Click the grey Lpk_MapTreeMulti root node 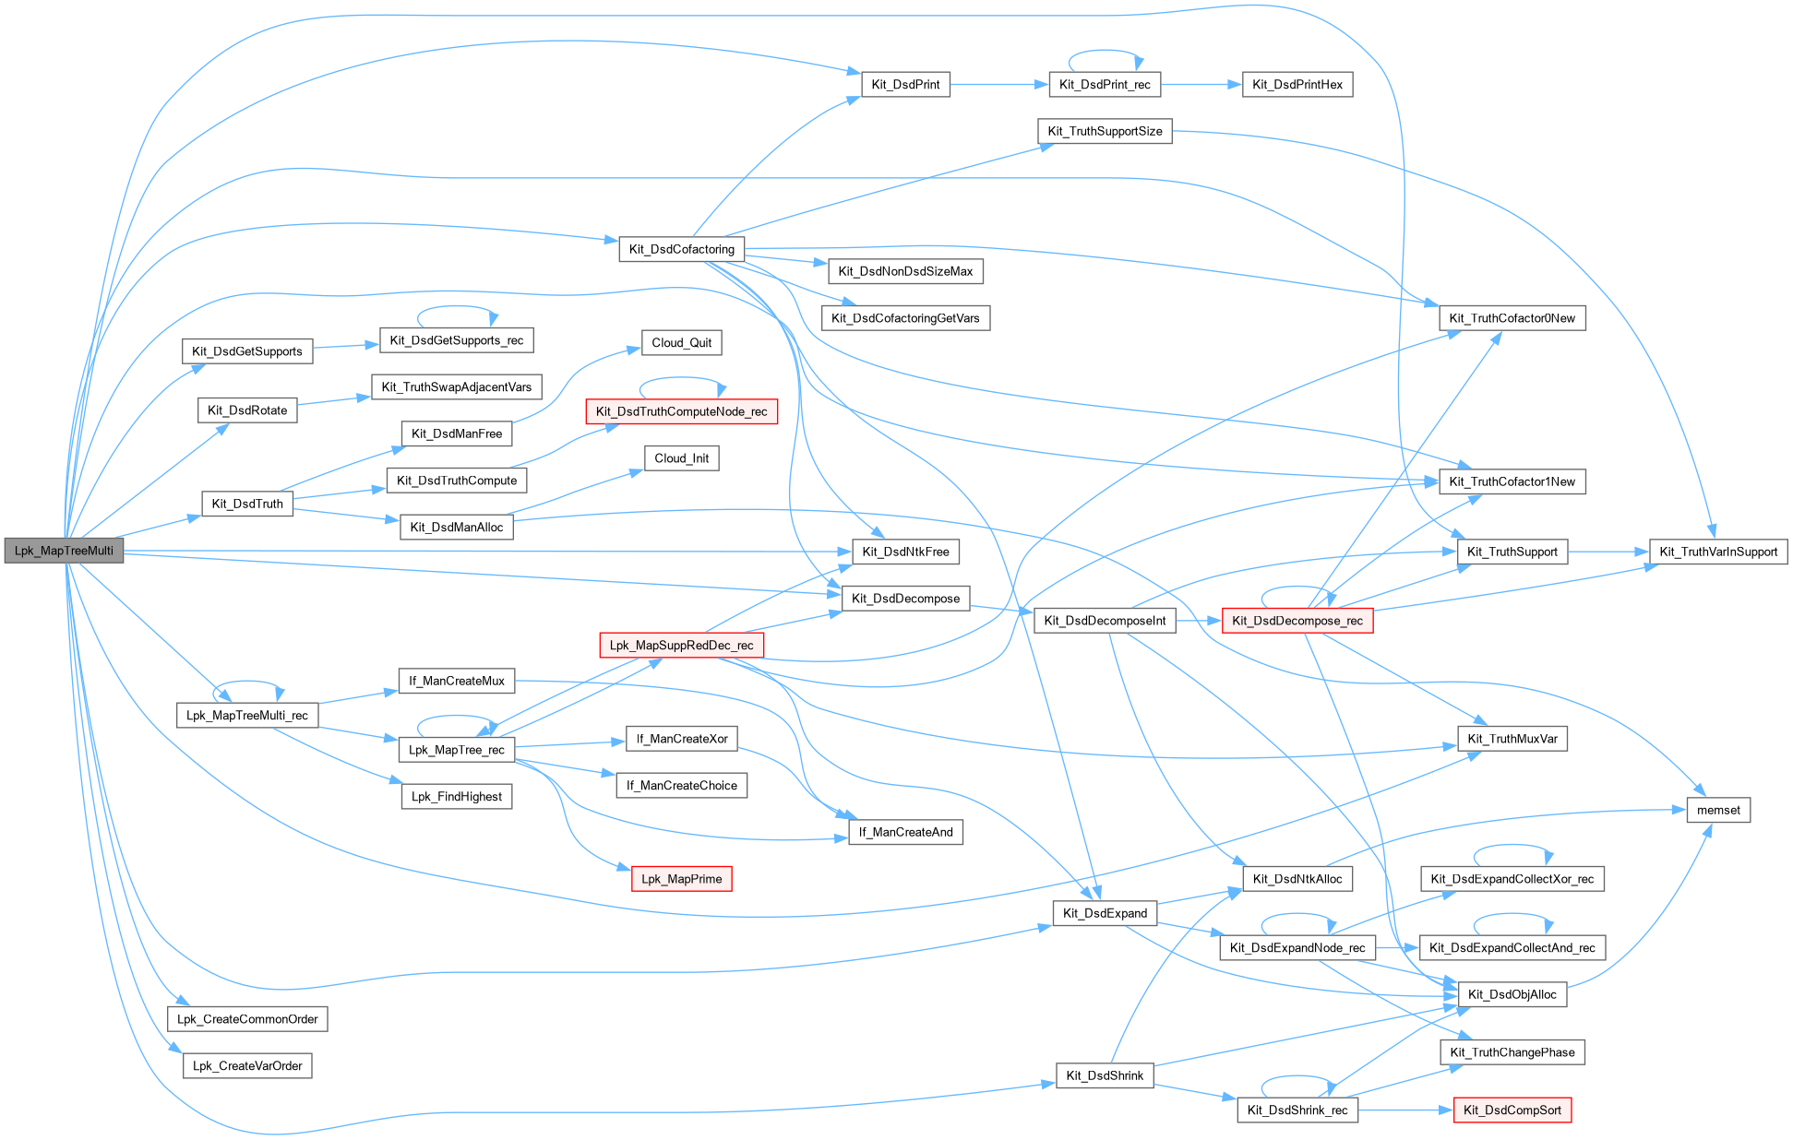coord(64,551)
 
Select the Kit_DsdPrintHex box coord(1297,85)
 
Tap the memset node coord(1718,811)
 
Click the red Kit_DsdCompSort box coord(1512,1110)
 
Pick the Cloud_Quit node coord(681,343)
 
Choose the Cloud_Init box coord(681,458)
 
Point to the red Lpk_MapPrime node coord(681,879)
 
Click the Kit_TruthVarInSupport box coord(1718,552)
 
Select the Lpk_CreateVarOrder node coord(247,1066)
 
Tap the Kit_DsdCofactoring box coord(681,249)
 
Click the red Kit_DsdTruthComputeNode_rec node coord(681,411)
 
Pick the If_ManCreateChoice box coord(681,786)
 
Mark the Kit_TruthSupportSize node coord(1105,132)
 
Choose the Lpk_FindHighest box coord(457,797)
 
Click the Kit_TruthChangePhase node coord(1512,1052)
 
